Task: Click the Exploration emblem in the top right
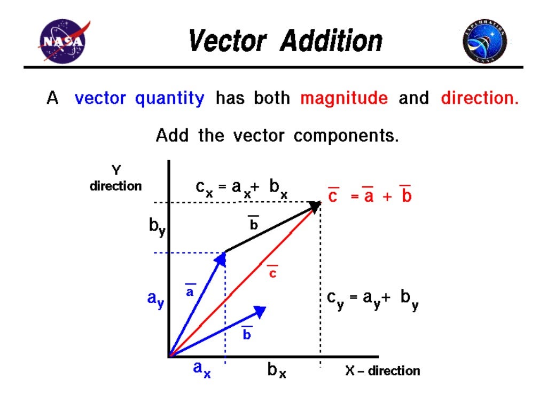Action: tap(485, 42)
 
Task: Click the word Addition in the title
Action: tap(332, 41)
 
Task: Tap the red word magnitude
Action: tap(344, 99)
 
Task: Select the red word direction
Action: tap(479, 99)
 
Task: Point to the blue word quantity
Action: tap(169, 99)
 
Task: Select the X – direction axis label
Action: tap(382, 370)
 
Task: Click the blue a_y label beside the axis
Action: tap(155, 299)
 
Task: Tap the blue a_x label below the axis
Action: tap(201, 369)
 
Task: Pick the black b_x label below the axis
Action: tap(277, 370)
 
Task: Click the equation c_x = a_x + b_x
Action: tap(241, 188)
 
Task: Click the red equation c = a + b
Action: tap(370, 196)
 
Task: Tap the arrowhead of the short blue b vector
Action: tap(261, 311)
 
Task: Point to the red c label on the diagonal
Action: tap(272, 272)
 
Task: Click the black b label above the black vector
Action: tap(254, 224)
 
